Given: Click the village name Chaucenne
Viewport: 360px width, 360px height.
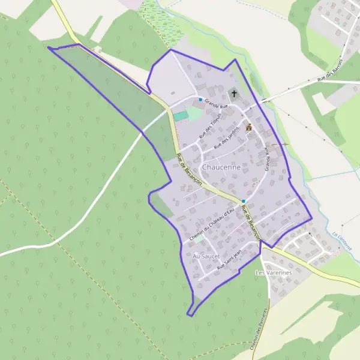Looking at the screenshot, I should [x=222, y=167].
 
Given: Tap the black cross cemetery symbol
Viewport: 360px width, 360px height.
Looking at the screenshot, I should [x=234, y=93].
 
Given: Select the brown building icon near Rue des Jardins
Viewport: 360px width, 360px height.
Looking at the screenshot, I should [x=249, y=127].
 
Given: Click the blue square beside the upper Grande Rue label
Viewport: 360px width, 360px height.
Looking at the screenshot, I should [x=200, y=99].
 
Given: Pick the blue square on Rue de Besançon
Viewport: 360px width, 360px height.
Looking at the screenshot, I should [x=244, y=201].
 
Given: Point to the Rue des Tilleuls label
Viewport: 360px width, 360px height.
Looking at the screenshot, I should [x=206, y=126].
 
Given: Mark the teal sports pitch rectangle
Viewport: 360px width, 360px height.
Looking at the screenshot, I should [x=181, y=116].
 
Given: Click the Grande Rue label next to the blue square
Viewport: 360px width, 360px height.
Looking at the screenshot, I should [x=217, y=103].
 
